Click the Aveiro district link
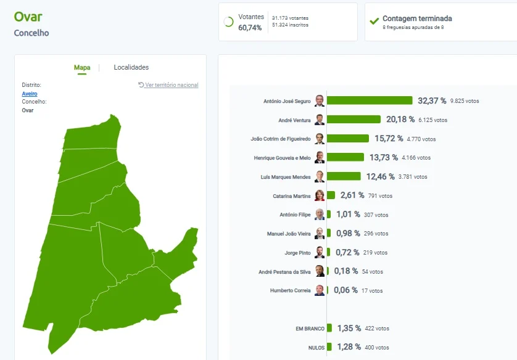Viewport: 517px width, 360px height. [x=30, y=94]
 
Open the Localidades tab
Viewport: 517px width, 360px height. [x=131, y=67]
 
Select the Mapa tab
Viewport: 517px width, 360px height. [x=82, y=68]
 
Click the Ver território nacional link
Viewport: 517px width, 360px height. [x=168, y=85]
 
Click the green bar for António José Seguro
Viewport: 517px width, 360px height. [x=370, y=100]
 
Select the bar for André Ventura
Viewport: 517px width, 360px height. [x=354, y=119]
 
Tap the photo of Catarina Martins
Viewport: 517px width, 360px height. [x=320, y=195]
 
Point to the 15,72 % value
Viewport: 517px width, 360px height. [x=389, y=138]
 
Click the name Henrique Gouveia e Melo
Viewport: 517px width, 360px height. [x=282, y=158]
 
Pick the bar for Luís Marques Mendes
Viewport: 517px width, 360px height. [x=344, y=176]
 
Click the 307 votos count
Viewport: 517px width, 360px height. [x=376, y=215]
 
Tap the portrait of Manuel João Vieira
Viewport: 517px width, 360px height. [x=320, y=233]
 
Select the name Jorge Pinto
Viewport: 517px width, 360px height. [x=298, y=253]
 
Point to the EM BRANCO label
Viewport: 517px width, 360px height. [x=310, y=329]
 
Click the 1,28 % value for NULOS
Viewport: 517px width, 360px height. [x=349, y=347]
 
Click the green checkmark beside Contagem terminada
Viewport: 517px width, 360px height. [x=374, y=22]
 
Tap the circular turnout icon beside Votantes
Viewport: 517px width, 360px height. [x=228, y=22]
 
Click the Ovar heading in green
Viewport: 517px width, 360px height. [x=28, y=17]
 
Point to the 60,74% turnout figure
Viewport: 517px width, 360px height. [x=250, y=28]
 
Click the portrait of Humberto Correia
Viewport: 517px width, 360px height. [x=320, y=290]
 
